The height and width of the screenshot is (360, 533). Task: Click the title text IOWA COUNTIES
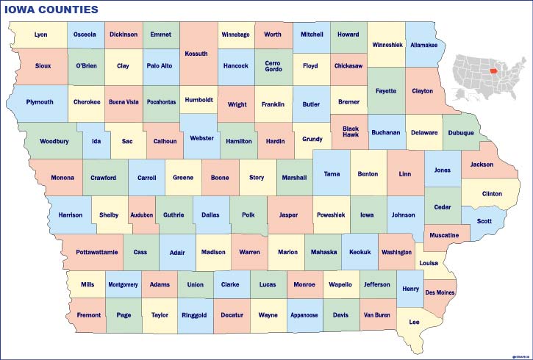click(x=51, y=10)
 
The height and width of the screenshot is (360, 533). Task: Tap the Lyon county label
click(x=40, y=35)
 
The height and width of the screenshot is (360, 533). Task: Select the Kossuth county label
click(x=196, y=54)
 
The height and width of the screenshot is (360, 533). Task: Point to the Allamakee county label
click(x=423, y=45)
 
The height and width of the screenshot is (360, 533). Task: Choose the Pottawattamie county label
click(x=96, y=252)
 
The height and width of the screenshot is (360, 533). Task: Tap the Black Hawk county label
click(x=351, y=132)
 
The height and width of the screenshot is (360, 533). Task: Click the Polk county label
click(x=248, y=215)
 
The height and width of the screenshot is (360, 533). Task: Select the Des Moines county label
click(x=440, y=292)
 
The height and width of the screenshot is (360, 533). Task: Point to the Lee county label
click(x=414, y=322)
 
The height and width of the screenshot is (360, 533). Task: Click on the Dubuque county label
click(x=461, y=133)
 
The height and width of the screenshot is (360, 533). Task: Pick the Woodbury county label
click(x=54, y=141)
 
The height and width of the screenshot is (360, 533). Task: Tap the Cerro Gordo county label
click(x=273, y=66)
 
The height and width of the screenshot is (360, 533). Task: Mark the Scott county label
click(x=484, y=221)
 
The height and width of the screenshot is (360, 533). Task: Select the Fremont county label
click(x=88, y=315)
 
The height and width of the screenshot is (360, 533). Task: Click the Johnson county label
click(x=403, y=215)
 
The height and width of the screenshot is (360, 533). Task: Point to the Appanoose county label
click(x=304, y=315)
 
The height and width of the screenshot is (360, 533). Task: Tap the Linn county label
click(x=404, y=174)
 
